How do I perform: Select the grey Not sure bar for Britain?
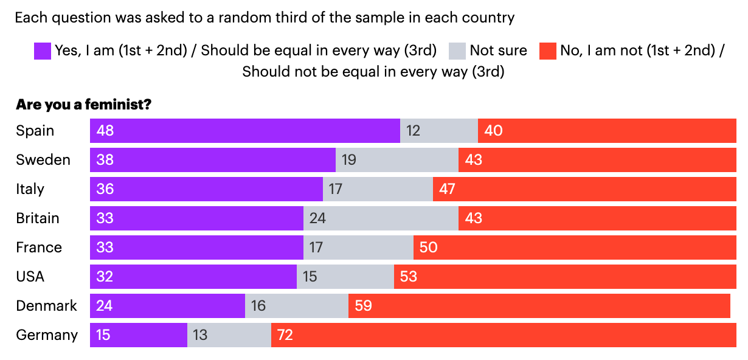[x=381, y=218]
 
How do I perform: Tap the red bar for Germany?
[x=504, y=335]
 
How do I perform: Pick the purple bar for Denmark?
[x=167, y=306]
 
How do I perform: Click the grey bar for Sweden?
[x=397, y=160]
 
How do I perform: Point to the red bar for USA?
[x=565, y=277]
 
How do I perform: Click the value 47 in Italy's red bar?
[x=447, y=189]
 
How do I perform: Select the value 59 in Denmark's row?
[x=363, y=306]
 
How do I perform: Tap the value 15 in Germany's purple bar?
[x=103, y=335]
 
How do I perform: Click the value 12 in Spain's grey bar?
[x=413, y=131]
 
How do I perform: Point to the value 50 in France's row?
[x=428, y=247]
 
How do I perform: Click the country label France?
[x=39, y=247]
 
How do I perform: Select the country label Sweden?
[x=43, y=160]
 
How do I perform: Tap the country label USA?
[x=30, y=277]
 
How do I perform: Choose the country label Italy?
[x=30, y=189]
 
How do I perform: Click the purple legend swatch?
[x=42, y=50]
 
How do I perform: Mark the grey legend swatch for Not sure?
[x=457, y=50]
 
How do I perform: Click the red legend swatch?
[x=548, y=50]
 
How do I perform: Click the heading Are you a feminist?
[x=83, y=105]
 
